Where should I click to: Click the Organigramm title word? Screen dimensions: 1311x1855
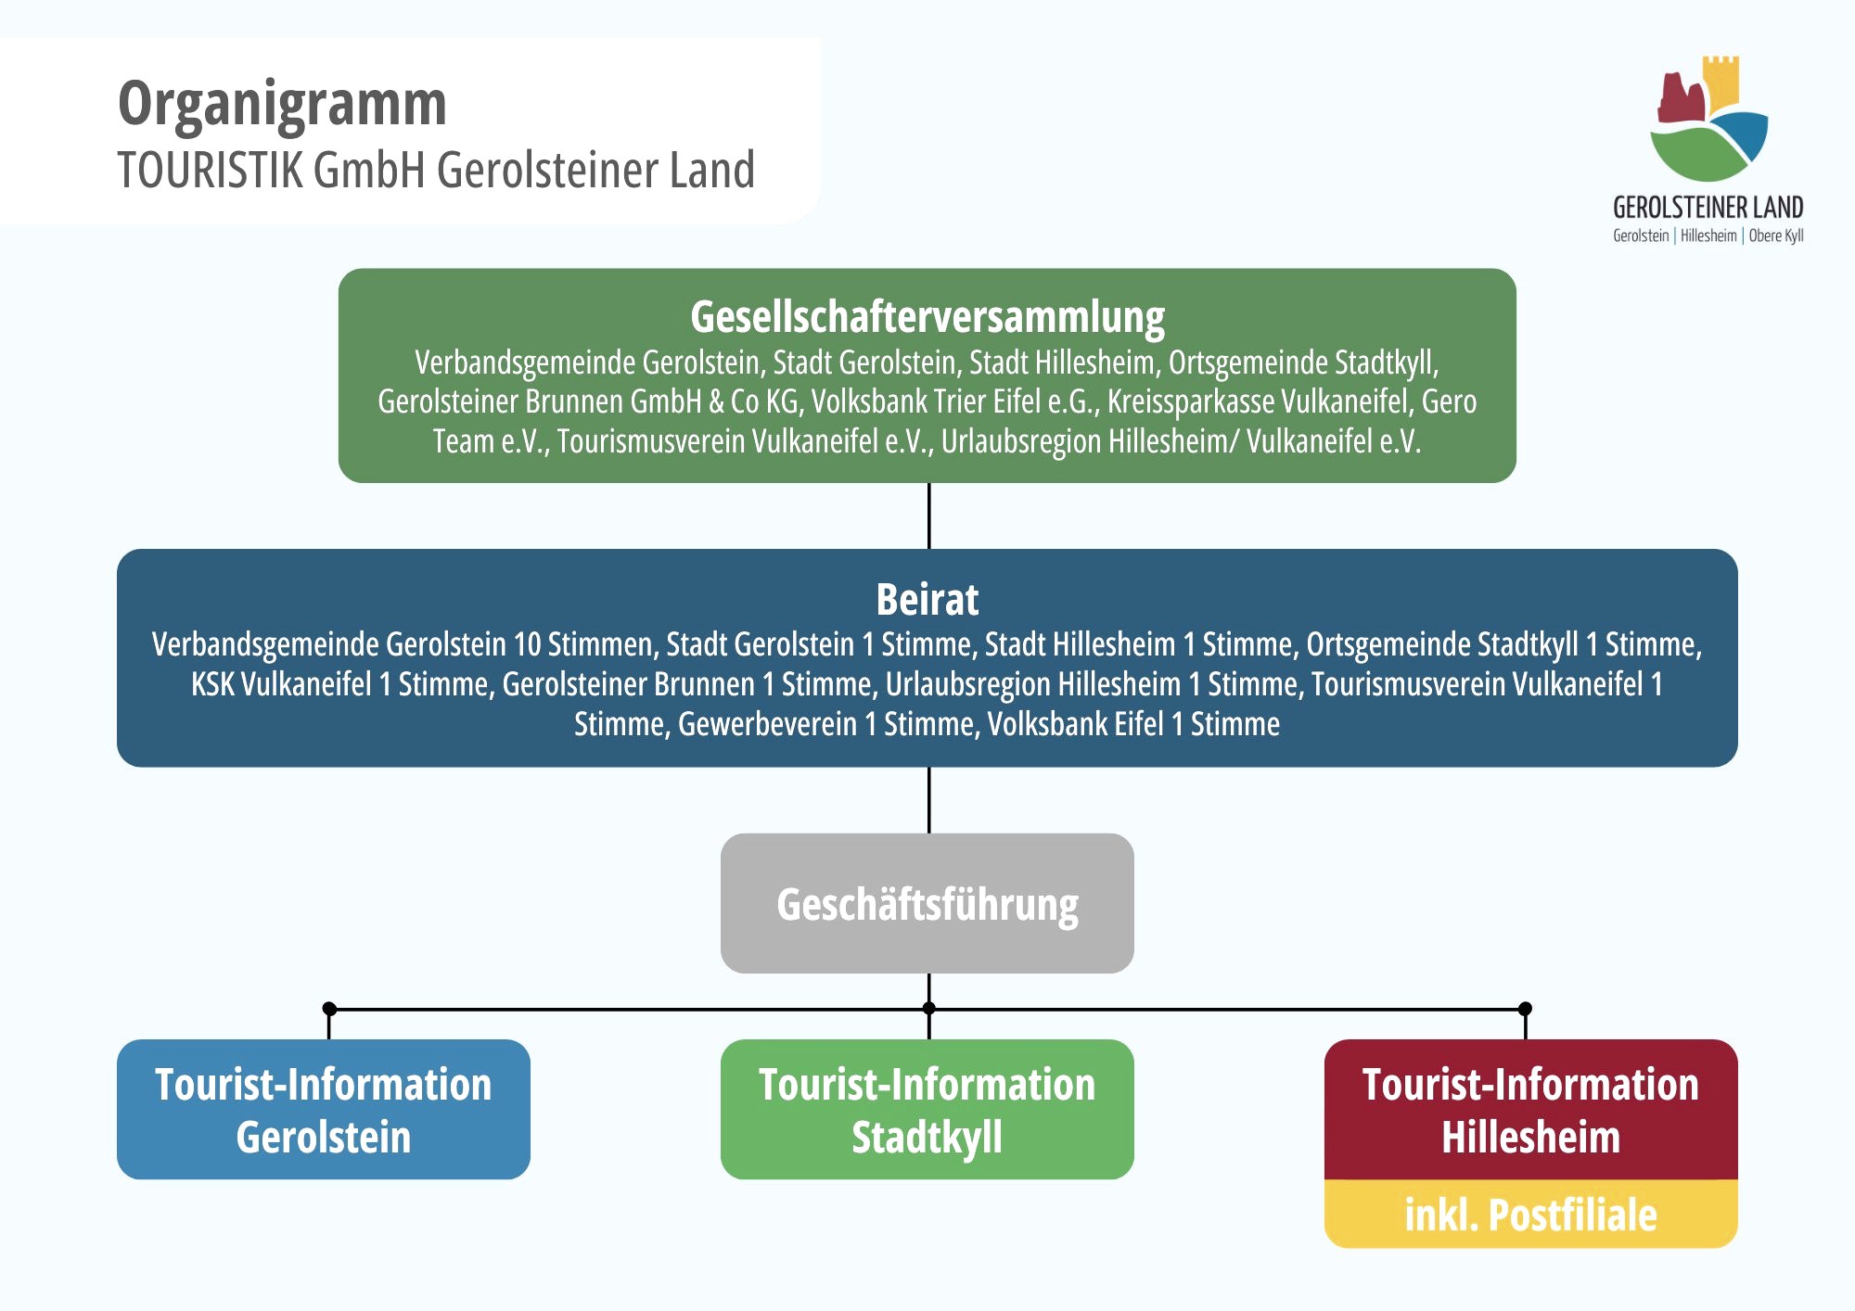[x=282, y=104]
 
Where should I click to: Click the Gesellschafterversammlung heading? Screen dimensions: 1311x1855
[x=927, y=317]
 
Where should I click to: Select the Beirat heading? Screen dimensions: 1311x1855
[x=927, y=600]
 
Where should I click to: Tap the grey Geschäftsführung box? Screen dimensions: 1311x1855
[x=927, y=904]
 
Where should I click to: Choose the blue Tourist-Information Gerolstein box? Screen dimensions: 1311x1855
[x=323, y=1110]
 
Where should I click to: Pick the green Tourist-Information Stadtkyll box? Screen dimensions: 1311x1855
[x=927, y=1110]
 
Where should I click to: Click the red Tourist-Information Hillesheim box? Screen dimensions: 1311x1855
[x=1530, y=1110]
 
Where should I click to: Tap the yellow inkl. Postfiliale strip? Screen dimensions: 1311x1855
[x=1530, y=1215]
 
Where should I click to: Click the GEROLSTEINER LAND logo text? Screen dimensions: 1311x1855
[x=1708, y=207]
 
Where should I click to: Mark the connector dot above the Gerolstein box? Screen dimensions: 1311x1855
[x=328, y=1008]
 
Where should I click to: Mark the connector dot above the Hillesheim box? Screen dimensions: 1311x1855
[x=1525, y=1008]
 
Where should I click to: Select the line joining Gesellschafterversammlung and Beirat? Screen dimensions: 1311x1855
[x=928, y=515]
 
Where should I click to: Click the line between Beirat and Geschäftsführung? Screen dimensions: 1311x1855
[x=928, y=799]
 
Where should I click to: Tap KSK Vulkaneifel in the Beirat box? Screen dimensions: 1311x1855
[x=280, y=684]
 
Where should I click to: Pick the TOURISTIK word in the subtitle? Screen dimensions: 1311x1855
[x=211, y=171]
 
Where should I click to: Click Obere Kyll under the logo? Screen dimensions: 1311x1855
[x=1776, y=235]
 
